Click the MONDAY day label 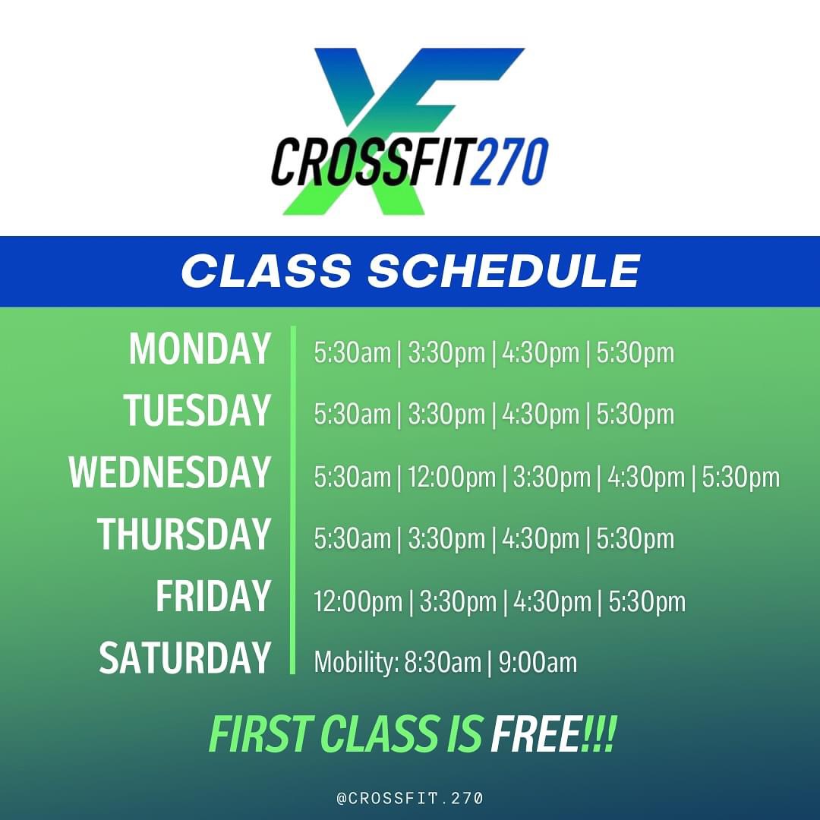[200, 348]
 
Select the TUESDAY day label [197, 411]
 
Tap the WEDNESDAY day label [170, 472]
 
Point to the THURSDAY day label [184, 534]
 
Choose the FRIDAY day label [213, 596]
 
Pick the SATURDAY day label [185, 658]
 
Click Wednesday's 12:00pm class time [452, 477]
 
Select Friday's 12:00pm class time [358, 601]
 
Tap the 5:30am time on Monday [352, 352]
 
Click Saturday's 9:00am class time [538, 662]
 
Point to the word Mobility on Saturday [356, 662]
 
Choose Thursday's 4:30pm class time [541, 538]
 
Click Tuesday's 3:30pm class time [446, 415]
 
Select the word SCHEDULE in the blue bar [504, 271]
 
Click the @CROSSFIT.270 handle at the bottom [410, 798]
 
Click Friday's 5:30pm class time [647, 601]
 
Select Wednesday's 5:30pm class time [740, 477]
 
